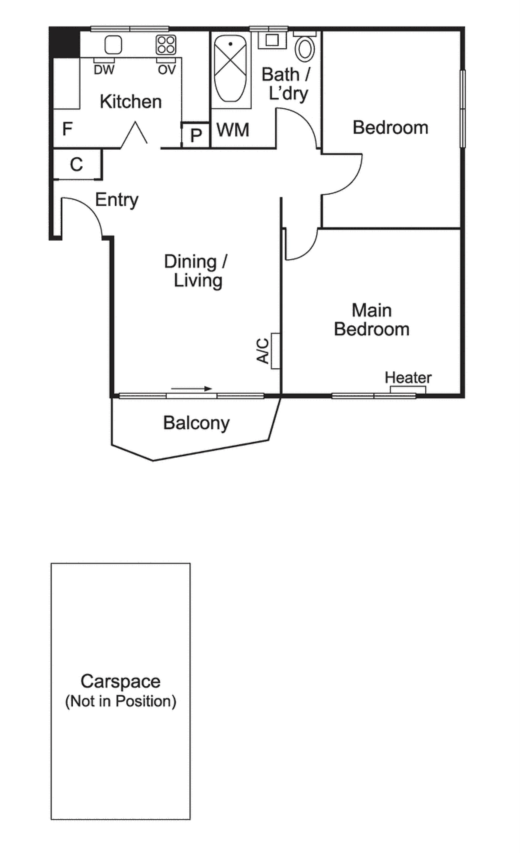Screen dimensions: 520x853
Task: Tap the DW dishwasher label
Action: [104, 70]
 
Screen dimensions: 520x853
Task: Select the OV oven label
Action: [167, 70]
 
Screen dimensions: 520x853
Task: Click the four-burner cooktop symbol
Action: [166, 45]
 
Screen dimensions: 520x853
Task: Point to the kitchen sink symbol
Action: [113, 45]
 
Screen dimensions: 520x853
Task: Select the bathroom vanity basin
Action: [272, 40]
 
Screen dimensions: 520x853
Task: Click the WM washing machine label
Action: [233, 130]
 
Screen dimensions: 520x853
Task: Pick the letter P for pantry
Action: [196, 135]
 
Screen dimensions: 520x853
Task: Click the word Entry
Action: [117, 200]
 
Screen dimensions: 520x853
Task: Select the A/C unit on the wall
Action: [275, 351]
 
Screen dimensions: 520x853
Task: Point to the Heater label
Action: [408, 377]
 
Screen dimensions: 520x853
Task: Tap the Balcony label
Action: [196, 423]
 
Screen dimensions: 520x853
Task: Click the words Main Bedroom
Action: [372, 319]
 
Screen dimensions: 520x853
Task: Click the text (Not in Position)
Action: [121, 701]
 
